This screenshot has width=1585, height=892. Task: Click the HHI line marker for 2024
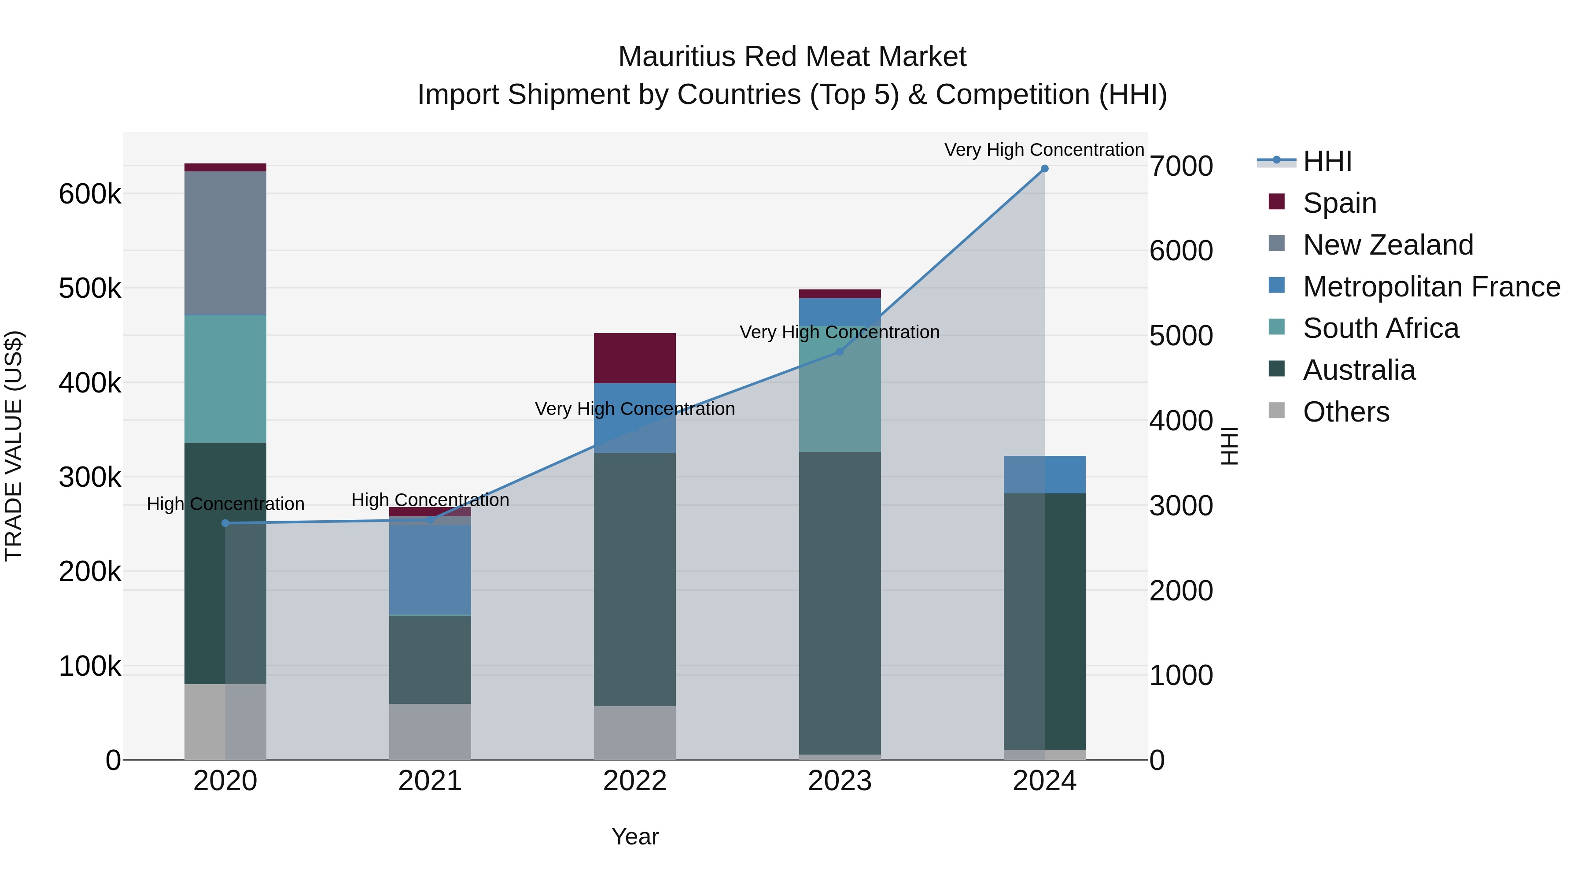pyautogui.click(x=1044, y=169)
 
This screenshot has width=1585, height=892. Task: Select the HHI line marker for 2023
pyautogui.click(x=839, y=352)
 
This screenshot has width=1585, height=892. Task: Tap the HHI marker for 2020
pyautogui.click(x=225, y=523)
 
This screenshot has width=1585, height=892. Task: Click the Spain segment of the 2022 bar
pyautogui.click(x=634, y=358)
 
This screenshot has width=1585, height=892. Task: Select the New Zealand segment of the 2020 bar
pyautogui.click(x=225, y=243)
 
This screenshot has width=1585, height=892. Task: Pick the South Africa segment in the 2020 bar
pyautogui.click(x=225, y=378)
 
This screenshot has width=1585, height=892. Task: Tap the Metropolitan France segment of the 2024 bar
pyautogui.click(x=1044, y=474)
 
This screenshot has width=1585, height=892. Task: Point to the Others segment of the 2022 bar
pyautogui.click(x=634, y=733)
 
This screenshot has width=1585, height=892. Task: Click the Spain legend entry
pyautogui.click(x=1339, y=203)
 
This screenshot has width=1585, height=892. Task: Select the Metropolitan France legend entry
pyautogui.click(x=1431, y=287)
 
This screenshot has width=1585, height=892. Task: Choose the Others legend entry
pyautogui.click(x=1345, y=412)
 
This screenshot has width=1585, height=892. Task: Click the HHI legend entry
pyautogui.click(x=1327, y=161)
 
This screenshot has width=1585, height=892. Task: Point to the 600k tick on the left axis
pyautogui.click(x=90, y=195)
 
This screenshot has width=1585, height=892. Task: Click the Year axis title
pyautogui.click(x=634, y=836)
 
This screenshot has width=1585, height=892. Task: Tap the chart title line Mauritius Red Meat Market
pyautogui.click(x=792, y=57)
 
